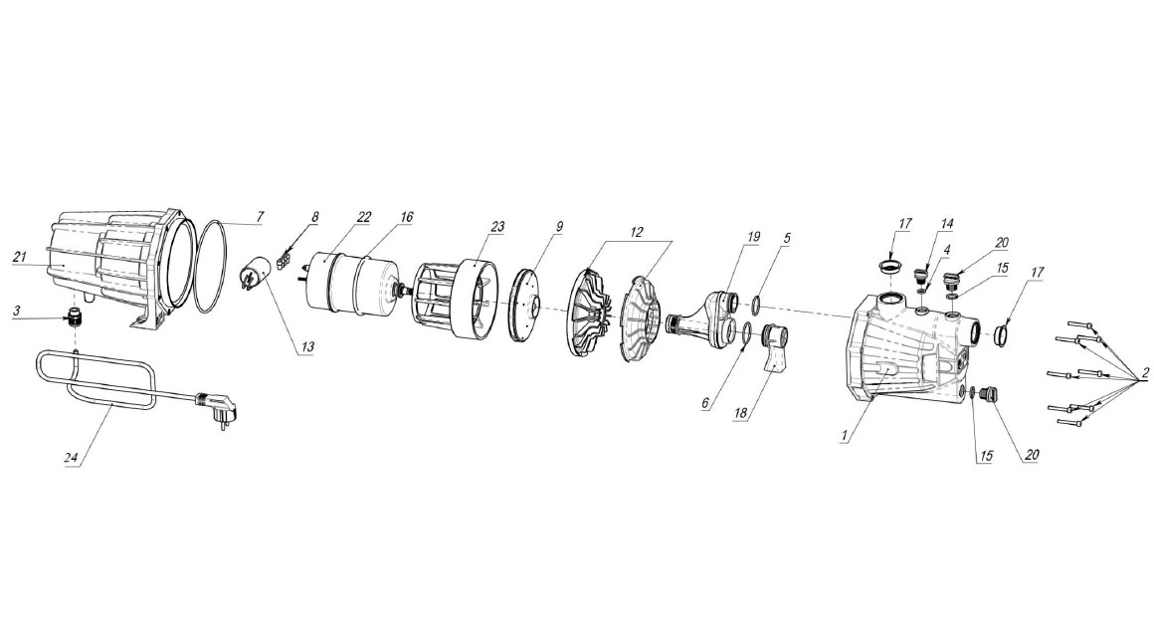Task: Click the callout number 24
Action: coord(71,458)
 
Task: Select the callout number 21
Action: coord(21,257)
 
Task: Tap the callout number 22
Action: coord(364,217)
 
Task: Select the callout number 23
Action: coord(497,226)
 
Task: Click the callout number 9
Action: coord(559,226)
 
